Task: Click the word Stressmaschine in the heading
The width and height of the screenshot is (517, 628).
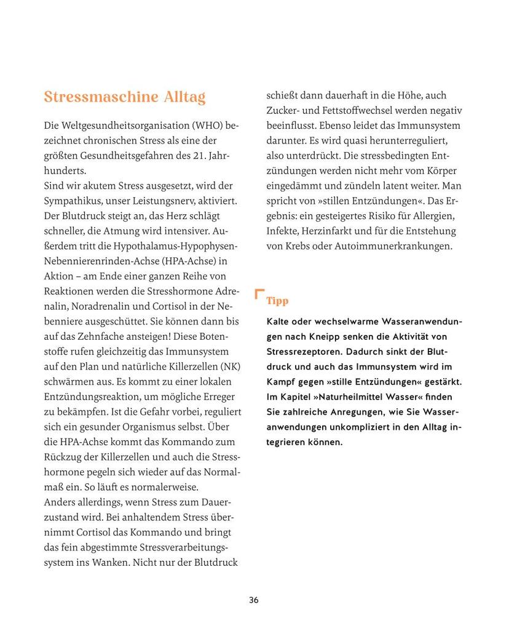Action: (101, 97)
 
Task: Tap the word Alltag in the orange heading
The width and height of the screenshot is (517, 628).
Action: (184, 97)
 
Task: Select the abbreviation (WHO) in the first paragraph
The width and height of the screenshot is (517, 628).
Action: (207, 126)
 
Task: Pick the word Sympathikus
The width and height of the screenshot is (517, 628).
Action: (73, 201)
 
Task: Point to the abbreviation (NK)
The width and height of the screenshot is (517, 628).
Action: (230, 367)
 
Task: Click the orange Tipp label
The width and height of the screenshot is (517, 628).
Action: (277, 301)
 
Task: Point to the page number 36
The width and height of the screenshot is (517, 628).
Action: (254, 600)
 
